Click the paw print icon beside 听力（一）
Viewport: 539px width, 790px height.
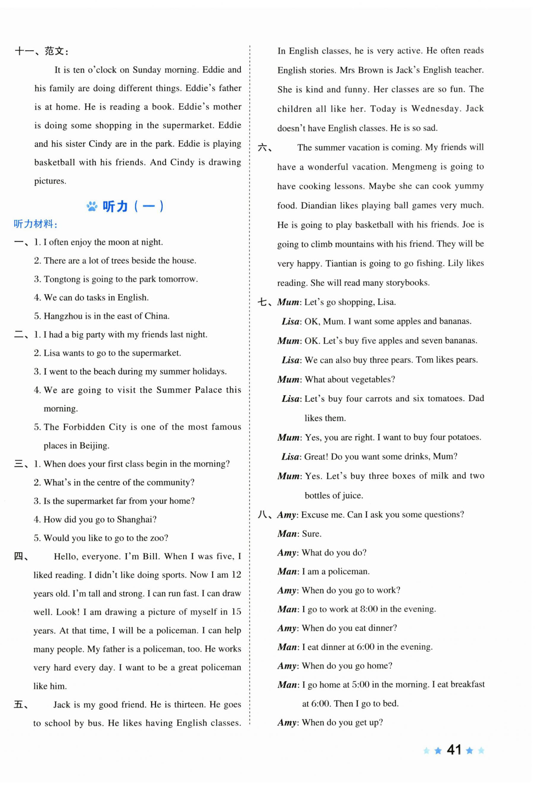pyautogui.click(x=92, y=206)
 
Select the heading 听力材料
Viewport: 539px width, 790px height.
pyautogui.click(x=35, y=224)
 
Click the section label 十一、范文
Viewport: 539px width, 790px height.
pyautogui.click(x=41, y=51)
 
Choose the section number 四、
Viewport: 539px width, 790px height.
pyautogui.click(x=21, y=556)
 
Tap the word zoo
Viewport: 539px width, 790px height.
pyautogui.click(x=159, y=538)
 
